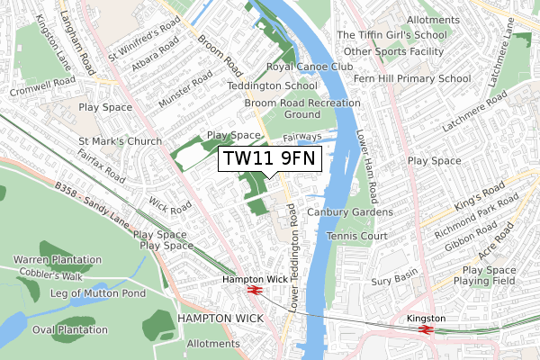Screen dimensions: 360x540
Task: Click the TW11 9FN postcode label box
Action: point(271,160)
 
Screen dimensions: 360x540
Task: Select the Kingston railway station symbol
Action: point(426,329)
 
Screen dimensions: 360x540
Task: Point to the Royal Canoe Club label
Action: point(310,67)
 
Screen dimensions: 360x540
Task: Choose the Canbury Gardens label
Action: point(350,212)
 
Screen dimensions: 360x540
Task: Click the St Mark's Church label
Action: point(120,141)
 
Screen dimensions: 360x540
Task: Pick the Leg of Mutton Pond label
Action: point(98,293)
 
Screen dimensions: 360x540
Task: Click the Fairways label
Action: point(302,137)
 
